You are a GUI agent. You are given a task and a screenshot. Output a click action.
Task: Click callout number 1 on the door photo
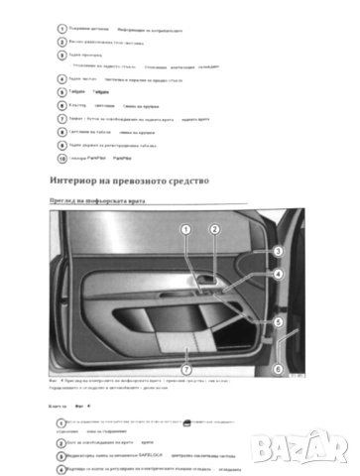(184, 230)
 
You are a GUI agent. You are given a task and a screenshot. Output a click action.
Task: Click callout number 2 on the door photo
(213, 230)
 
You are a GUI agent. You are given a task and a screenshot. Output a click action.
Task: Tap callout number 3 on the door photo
(279, 252)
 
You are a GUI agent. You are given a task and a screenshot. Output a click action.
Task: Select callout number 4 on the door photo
(279, 274)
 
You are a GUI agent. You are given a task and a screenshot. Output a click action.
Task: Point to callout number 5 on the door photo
(279, 322)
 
